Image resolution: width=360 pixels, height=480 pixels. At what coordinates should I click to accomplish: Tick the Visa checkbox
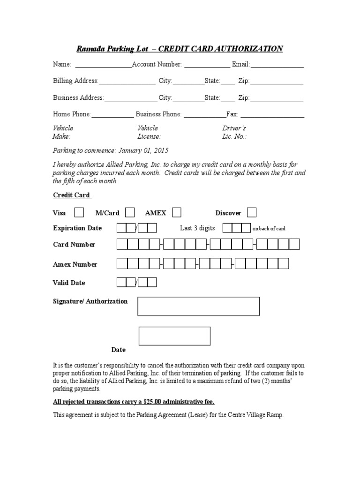[79, 213]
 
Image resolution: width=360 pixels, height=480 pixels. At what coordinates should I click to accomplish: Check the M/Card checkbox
[130, 213]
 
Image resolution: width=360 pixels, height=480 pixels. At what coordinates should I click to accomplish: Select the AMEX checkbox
[176, 213]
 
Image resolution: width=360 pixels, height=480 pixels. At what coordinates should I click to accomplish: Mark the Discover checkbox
[252, 213]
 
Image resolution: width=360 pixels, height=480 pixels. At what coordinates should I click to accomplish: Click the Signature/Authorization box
[198, 306]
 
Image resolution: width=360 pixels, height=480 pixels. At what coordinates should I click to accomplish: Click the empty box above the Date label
[174, 336]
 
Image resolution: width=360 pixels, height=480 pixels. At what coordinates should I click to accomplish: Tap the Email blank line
[277, 67]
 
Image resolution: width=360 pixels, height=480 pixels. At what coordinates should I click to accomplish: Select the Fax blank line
[272, 117]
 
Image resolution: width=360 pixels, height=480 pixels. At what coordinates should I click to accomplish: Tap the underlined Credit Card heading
[71, 195]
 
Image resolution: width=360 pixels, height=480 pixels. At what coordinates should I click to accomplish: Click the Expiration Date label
[77, 228]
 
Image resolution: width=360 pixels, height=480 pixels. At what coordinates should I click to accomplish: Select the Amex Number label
[75, 264]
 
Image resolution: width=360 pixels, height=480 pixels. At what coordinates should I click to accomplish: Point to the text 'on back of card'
[269, 229]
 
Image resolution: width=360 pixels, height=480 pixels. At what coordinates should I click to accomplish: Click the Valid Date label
[69, 283]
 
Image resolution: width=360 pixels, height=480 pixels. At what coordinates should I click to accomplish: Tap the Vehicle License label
[149, 132]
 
